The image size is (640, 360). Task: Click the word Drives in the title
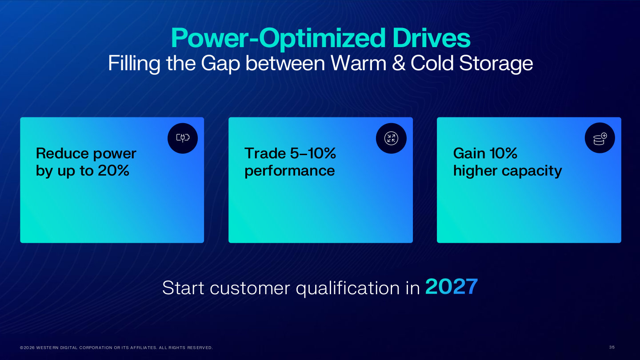click(x=432, y=38)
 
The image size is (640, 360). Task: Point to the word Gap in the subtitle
click(x=220, y=64)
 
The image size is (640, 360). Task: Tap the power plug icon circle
click(x=183, y=138)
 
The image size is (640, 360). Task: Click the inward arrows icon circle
click(x=391, y=138)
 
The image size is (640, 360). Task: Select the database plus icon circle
click(x=600, y=138)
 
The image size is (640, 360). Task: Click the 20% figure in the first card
click(x=113, y=171)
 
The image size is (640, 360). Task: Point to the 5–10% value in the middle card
click(x=313, y=153)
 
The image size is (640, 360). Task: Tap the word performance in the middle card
click(x=289, y=172)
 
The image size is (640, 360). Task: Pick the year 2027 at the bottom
click(x=452, y=287)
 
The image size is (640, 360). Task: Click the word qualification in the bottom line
click(x=348, y=288)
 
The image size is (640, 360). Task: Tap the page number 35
click(x=612, y=347)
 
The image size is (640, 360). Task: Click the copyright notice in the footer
click(x=116, y=348)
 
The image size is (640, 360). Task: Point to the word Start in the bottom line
click(x=183, y=288)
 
